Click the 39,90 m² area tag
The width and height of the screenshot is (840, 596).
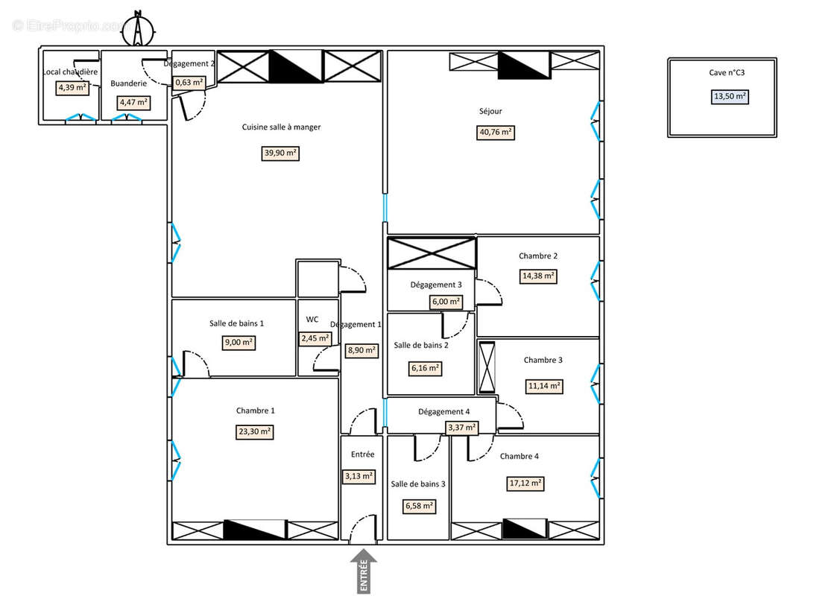(x=281, y=153)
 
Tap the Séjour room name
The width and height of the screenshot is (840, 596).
(x=490, y=112)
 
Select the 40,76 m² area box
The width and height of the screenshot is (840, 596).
(x=496, y=133)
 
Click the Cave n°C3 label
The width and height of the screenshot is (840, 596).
(x=721, y=73)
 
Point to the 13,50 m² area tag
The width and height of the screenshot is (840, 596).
(x=730, y=96)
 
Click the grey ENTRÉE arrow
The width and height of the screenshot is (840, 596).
(x=363, y=571)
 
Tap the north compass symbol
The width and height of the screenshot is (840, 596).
(x=138, y=29)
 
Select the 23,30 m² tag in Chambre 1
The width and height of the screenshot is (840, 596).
(x=255, y=431)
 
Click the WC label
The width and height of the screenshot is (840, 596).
(x=312, y=320)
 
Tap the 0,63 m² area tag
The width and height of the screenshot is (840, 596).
(x=189, y=83)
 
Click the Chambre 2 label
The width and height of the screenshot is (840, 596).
(x=538, y=256)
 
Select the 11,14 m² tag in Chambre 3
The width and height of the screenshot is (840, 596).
(x=543, y=386)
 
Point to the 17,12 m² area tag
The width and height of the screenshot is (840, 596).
(x=525, y=483)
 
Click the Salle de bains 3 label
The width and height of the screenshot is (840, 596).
(x=418, y=484)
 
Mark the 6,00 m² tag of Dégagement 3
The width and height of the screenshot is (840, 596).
(x=446, y=302)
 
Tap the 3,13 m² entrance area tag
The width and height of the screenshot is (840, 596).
(x=359, y=476)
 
